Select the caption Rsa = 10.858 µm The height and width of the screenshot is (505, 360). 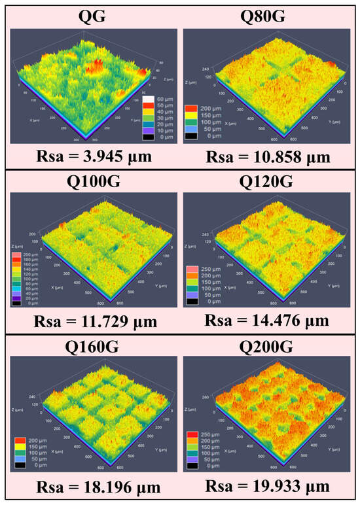(268, 156)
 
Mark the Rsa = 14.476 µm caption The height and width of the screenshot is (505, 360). (268, 321)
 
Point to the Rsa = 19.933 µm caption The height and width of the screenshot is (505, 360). (268, 487)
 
